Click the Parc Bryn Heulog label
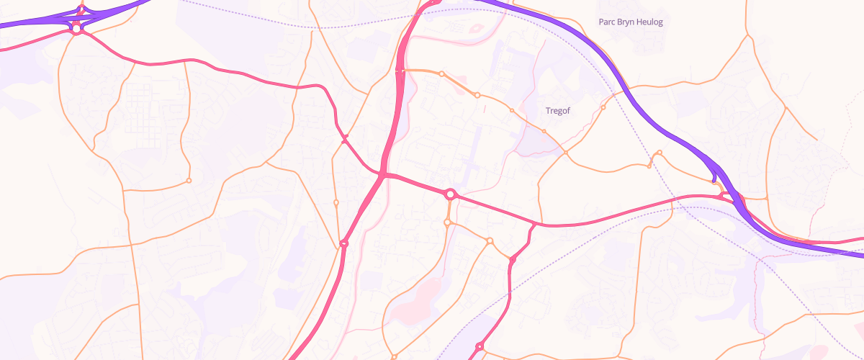[630, 22]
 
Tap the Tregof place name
[558, 110]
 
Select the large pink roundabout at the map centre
[451, 194]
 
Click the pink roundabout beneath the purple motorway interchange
[76, 29]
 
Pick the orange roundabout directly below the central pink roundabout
[447, 223]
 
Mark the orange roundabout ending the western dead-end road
[189, 180]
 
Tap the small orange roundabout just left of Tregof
[512, 110]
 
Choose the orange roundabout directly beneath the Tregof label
[544, 131]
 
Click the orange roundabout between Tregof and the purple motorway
[603, 107]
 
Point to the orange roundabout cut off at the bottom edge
[394, 356]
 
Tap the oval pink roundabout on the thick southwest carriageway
[344, 244]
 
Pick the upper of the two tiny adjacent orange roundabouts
[660, 153]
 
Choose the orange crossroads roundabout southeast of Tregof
[567, 153]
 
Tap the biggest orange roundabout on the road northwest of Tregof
[477, 94]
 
